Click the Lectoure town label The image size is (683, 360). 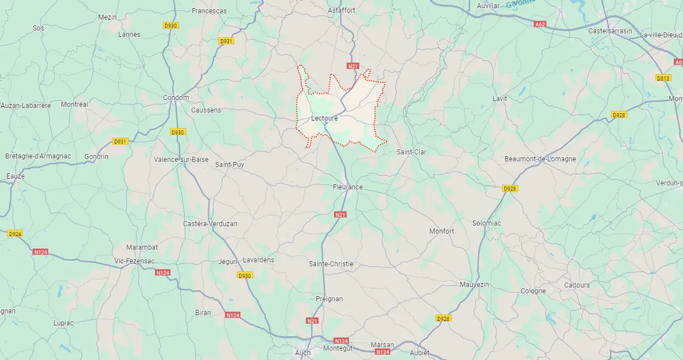point(325,118)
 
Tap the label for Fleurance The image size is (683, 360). point(348,187)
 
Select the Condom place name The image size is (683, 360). point(176,97)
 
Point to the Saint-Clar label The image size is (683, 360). point(412,151)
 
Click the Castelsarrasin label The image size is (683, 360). point(610,30)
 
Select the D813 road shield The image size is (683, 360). point(663,78)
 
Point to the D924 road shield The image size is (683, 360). point(15,234)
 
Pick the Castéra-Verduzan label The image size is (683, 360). point(210,223)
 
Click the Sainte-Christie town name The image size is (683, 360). point(331,264)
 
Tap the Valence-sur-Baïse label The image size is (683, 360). point(181,159)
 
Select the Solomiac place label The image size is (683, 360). point(487,223)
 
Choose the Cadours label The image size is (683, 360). point(577,285)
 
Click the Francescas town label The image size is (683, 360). point(209,11)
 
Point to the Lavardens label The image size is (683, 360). point(258,260)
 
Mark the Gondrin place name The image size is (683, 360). point(96,156)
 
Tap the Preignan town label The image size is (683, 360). point(329,299)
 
